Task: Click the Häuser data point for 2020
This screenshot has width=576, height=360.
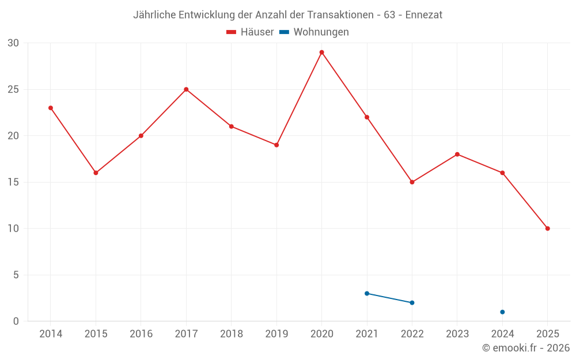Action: tap(321, 52)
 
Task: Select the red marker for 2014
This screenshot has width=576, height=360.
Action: tap(51, 108)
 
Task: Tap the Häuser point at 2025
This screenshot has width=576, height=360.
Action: tap(547, 229)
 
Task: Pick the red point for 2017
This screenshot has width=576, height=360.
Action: tap(186, 89)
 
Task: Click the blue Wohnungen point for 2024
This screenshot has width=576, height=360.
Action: tap(502, 312)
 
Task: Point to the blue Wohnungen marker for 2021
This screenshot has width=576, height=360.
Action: tap(367, 293)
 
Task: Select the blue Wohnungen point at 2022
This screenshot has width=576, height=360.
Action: tap(412, 302)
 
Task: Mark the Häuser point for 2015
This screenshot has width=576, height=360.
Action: tap(96, 173)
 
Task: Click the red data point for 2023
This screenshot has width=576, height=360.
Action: tap(457, 154)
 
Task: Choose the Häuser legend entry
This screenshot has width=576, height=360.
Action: tap(251, 32)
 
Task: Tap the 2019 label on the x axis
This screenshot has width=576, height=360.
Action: tap(276, 334)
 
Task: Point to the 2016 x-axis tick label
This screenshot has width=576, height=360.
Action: tap(141, 334)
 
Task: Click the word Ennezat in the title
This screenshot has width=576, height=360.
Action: tap(423, 15)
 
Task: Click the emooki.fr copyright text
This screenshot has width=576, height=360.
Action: tap(526, 348)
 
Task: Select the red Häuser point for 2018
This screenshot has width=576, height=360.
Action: tap(231, 126)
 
